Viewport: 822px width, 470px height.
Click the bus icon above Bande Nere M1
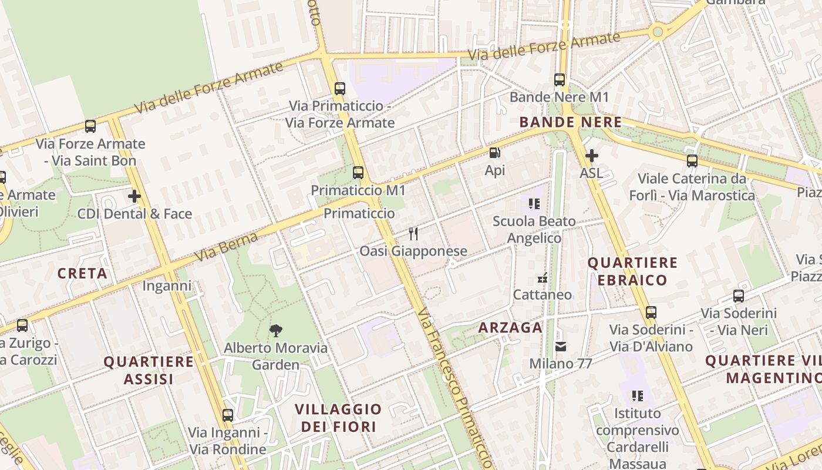(x=560, y=79)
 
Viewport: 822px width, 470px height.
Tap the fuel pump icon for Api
(x=495, y=153)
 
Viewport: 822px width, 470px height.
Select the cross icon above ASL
(x=591, y=156)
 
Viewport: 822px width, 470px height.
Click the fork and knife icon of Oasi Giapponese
(x=413, y=234)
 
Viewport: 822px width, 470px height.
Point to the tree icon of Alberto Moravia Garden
(x=275, y=330)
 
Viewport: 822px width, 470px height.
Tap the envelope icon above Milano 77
(x=561, y=347)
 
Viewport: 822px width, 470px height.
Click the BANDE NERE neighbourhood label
(x=570, y=122)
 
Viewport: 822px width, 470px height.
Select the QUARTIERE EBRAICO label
(x=632, y=271)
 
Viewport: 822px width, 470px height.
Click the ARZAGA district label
(x=510, y=328)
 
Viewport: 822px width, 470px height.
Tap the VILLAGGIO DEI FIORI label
(x=338, y=418)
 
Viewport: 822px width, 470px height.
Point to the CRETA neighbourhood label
(x=82, y=273)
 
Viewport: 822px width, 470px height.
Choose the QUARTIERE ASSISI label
(x=149, y=370)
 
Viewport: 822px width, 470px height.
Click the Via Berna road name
(x=226, y=247)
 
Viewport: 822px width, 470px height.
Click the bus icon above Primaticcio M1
(x=358, y=173)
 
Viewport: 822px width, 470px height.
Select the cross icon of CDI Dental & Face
(x=134, y=196)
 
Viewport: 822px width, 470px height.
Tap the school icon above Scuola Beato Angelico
(x=534, y=204)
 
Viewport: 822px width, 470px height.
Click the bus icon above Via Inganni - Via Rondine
(x=227, y=415)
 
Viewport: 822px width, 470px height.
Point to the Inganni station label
(x=167, y=286)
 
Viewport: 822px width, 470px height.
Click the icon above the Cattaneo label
(x=543, y=278)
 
